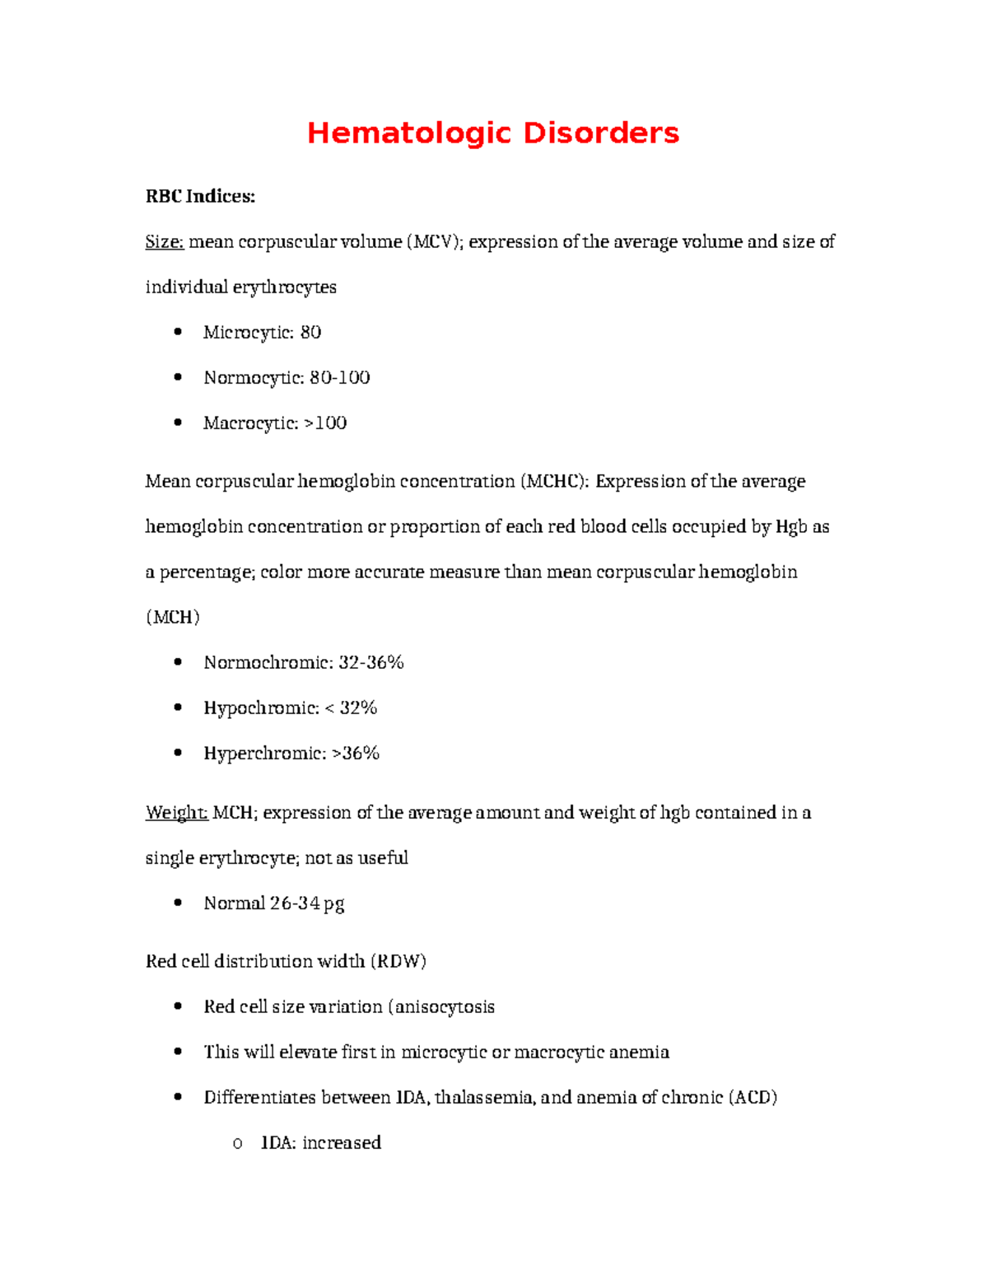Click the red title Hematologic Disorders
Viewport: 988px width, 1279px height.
point(492,133)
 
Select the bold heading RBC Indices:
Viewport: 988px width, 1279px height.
point(200,196)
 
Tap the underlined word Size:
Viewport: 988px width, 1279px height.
point(165,241)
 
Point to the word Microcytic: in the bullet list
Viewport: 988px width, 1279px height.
point(249,332)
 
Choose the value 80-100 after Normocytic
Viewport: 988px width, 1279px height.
point(339,377)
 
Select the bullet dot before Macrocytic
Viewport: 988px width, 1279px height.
point(178,422)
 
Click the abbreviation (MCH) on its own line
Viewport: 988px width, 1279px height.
point(173,617)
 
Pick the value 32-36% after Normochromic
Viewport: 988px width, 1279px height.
point(371,662)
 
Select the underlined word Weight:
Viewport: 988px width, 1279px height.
point(176,813)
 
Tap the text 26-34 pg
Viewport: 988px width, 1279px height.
point(307,903)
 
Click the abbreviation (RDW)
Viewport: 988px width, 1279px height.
point(398,961)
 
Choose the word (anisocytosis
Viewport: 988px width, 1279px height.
point(441,1006)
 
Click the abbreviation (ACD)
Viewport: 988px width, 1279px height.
point(753,1097)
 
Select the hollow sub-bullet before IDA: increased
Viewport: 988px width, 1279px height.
point(237,1143)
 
